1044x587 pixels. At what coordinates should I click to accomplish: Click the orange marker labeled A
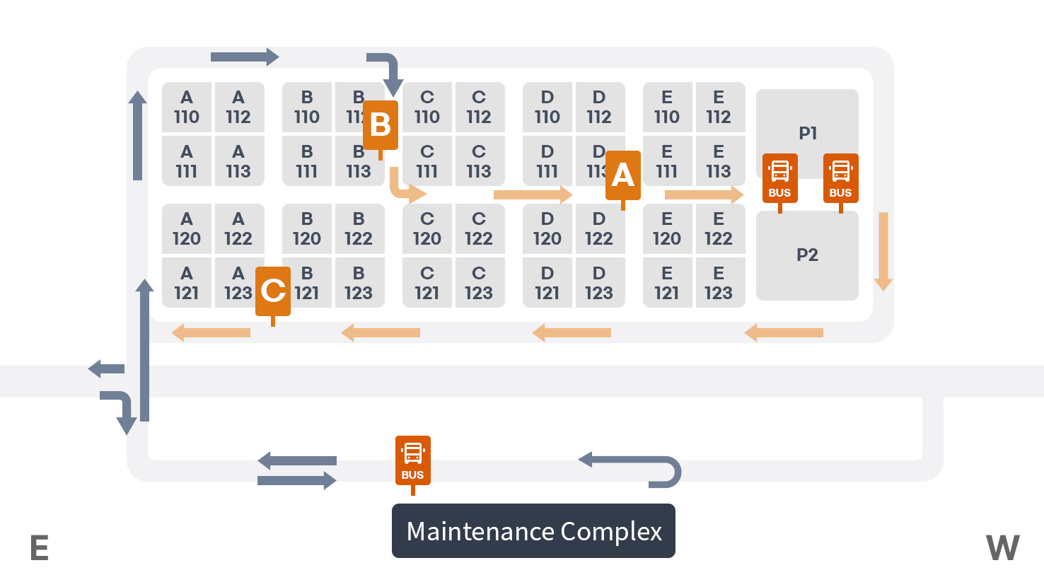tap(622, 175)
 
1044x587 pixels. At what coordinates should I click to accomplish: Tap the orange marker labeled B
tap(381, 125)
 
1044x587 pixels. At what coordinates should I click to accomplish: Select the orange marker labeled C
tap(273, 291)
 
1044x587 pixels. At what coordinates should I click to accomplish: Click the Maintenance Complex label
tap(533, 531)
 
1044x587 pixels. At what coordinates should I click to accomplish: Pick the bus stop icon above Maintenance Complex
tap(412, 460)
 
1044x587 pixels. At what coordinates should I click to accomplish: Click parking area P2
tap(807, 255)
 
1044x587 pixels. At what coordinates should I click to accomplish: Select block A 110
tap(187, 107)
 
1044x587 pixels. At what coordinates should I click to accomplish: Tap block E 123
tap(719, 283)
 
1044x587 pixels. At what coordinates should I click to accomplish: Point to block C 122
tap(479, 229)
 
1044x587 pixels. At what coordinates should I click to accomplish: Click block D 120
tap(547, 229)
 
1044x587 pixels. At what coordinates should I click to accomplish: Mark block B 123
tap(359, 283)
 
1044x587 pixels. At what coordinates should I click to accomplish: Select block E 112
tap(719, 107)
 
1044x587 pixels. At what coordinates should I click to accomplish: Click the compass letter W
tap(1003, 548)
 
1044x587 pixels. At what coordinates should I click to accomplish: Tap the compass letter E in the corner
tap(40, 548)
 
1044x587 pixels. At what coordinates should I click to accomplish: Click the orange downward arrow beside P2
tap(883, 251)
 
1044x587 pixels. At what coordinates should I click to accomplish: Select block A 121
tap(187, 283)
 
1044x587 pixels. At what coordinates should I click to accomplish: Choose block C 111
tap(427, 162)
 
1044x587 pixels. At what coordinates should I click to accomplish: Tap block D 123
tap(599, 283)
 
